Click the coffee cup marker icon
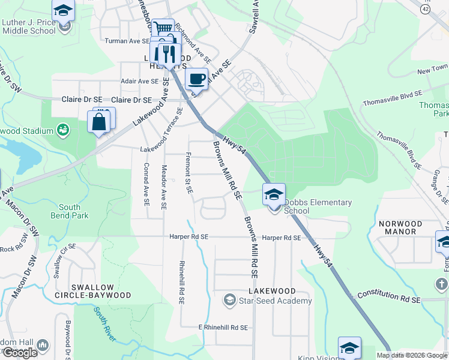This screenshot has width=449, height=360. coord(197,79)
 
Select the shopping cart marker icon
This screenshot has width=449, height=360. coord(162,29)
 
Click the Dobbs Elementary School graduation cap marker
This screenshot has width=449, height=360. coord(274,194)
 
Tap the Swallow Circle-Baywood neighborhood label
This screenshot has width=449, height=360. coord(101,291)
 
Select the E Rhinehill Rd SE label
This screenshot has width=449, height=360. coord(223,328)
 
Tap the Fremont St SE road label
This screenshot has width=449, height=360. coord(188,172)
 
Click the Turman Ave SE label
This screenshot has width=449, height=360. coord(127,41)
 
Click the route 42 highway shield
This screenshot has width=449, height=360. coord(426,9)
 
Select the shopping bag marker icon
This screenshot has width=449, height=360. coord(98,122)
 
